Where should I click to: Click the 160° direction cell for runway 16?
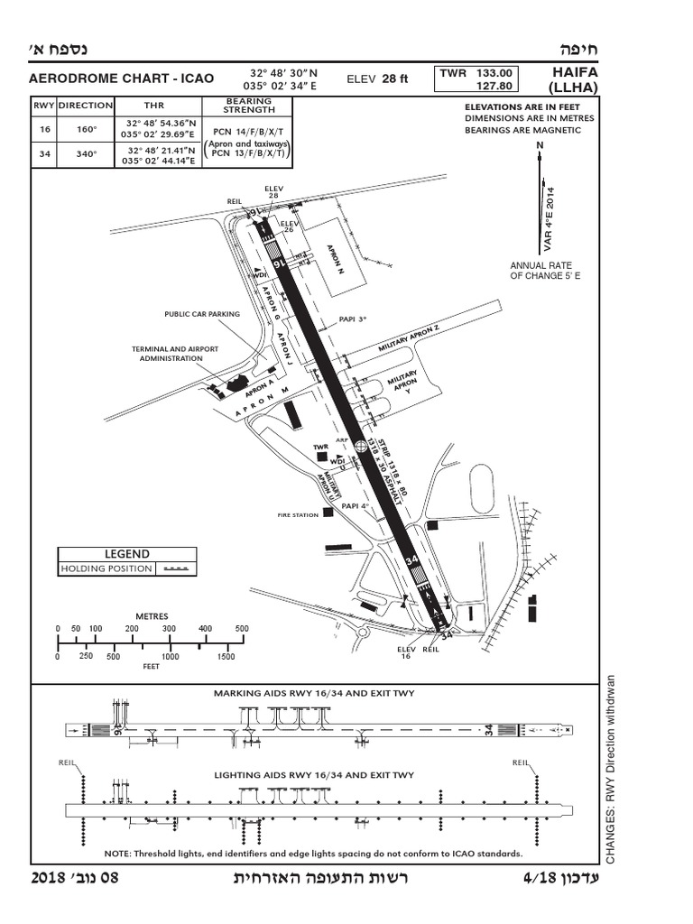tap(86, 129)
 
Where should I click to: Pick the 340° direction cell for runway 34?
tap(86, 153)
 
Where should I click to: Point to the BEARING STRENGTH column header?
tap(249, 105)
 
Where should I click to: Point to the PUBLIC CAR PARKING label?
tap(202, 314)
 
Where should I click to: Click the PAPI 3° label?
tap(353, 319)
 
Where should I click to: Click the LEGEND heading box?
tap(127, 554)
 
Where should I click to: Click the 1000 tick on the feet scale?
tap(169, 657)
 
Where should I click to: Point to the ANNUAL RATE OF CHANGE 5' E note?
tap(545, 270)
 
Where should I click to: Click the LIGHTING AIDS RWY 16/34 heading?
tap(313, 774)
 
